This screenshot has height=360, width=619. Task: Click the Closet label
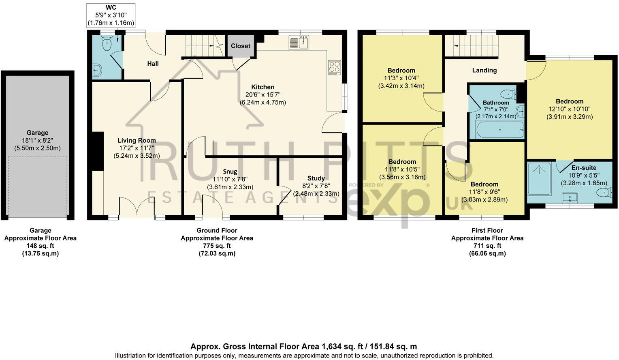click(240, 46)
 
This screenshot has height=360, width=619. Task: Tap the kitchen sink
click(299, 42)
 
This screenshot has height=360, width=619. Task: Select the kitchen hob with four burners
click(334, 67)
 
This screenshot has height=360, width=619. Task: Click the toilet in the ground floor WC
click(107, 43)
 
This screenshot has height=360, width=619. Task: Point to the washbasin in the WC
click(97, 70)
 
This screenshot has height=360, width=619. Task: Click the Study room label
click(316, 178)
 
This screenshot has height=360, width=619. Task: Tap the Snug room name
click(230, 172)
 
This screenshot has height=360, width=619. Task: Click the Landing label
click(485, 70)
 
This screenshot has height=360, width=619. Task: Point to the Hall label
click(153, 64)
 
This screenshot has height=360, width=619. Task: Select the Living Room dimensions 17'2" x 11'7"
click(137, 148)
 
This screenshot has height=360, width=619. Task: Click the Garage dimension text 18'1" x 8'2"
click(37, 140)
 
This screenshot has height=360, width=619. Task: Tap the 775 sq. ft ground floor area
click(217, 246)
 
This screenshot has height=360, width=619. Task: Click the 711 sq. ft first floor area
click(487, 246)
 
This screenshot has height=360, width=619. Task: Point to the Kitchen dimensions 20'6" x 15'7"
click(263, 94)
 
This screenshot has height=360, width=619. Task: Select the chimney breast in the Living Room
click(98, 152)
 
